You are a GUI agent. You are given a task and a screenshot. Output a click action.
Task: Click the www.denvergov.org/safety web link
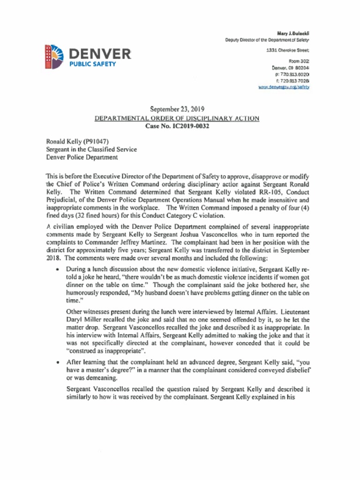284,88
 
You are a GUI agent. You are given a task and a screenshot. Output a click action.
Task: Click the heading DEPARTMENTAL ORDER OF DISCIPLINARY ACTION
177,119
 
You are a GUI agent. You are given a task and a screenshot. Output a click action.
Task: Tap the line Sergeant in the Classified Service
91,149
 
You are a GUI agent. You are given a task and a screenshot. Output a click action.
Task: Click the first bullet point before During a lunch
57,270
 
